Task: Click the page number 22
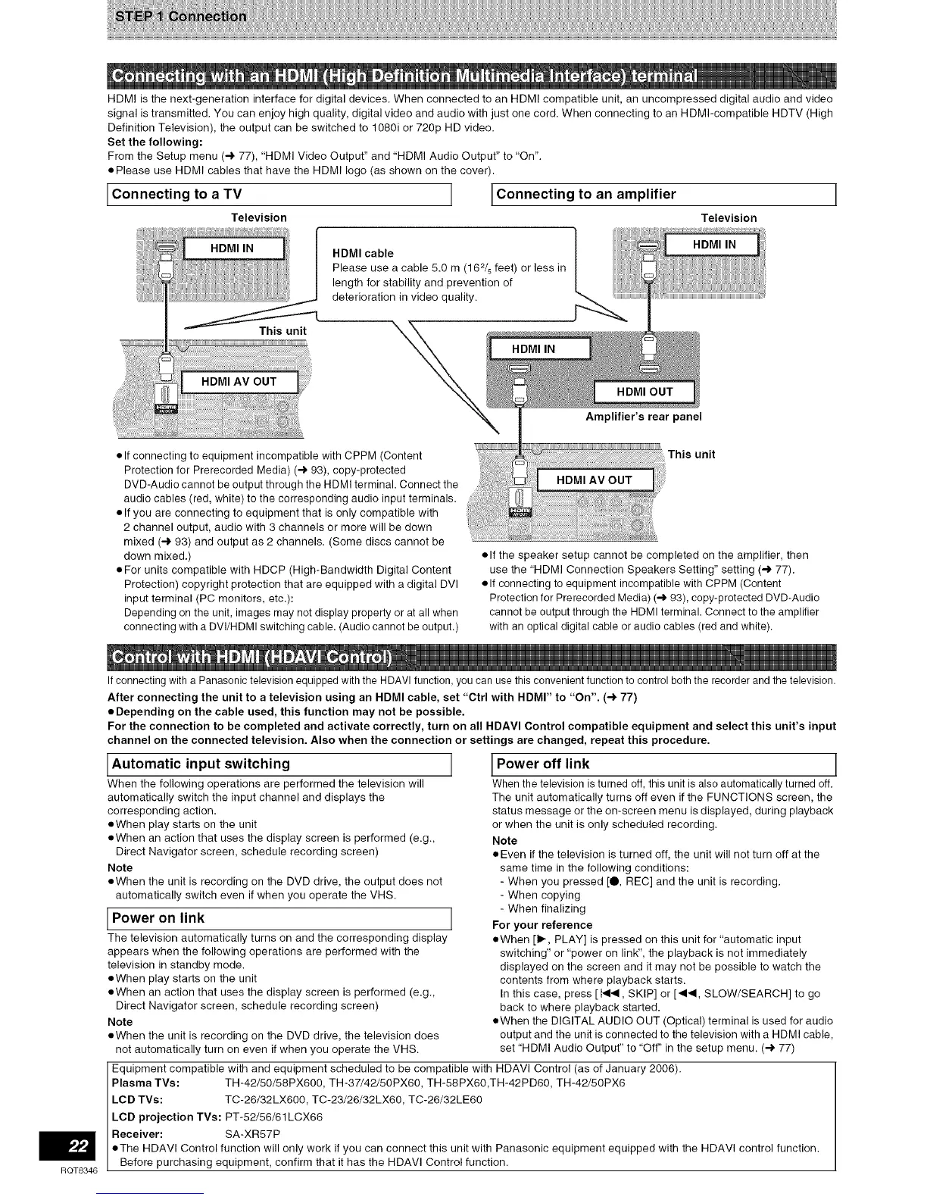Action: (x=74, y=1146)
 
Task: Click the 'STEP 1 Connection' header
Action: (x=179, y=17)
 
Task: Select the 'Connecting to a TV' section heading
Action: (x=176, y=194)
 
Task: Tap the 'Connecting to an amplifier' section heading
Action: (x=585, y=194)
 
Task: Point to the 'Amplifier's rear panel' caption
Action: (x=643, y=417)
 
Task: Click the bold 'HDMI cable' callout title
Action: (x=363, y=253)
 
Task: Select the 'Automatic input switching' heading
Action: (x=201, y=764)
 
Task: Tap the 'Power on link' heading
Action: (x=158, y=918)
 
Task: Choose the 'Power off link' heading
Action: (x=543, y=764)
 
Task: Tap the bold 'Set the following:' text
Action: (x=154, y=142)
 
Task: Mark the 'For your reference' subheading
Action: (x=542, y=925)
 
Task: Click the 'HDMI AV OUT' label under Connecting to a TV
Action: (x=239, y=382)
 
